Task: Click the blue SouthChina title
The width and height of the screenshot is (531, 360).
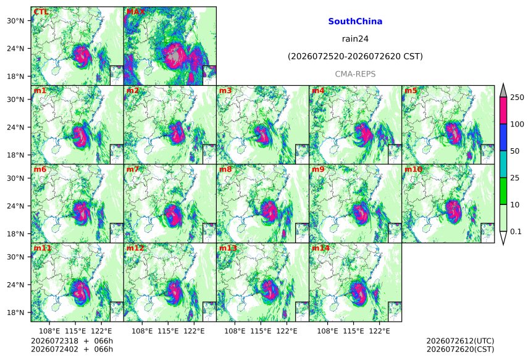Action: click(x=355, y=22)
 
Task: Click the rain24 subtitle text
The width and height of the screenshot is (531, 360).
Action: click(x=355, y=39)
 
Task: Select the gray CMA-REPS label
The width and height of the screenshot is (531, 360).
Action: click(x=355, y=74)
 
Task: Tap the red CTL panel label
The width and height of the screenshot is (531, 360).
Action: click(x=41, y=12)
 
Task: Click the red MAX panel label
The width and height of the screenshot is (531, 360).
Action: click(x=135, y=12)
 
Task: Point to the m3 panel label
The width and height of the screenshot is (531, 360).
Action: click(x=225, y=91)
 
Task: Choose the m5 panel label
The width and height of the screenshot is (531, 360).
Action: click(x=411, y=91)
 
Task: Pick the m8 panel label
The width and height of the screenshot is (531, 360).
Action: click(x=225, y=169)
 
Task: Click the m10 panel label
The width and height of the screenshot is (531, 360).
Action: click(x=413, y=169)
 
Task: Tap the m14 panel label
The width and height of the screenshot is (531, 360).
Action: click(x=320, y=248)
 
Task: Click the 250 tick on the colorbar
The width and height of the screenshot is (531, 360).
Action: click(x=517, y=98)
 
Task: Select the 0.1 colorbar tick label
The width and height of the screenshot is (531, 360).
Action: click(x=516, y=232)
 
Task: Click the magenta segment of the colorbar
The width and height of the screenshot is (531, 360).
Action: click(x=503, y=111)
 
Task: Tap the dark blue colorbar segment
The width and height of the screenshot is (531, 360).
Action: click(x=503, y=137)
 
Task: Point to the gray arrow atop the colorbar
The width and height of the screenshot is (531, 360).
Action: click(x=503, y=90)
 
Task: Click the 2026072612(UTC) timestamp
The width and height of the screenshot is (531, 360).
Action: click(x=460, y=341)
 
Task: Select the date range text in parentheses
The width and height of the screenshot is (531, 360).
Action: click(x=355, y=56)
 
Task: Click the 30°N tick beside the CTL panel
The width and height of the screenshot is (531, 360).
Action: click(x=15, y=20)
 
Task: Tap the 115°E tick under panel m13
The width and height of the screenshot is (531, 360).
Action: click(x=261, y=331)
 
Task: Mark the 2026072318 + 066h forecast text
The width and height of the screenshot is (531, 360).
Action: click(x=72, y=341)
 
